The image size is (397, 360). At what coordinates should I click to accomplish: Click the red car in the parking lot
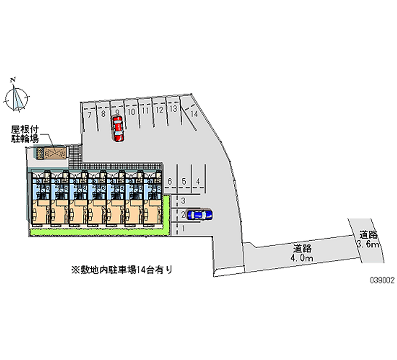click(118, 130)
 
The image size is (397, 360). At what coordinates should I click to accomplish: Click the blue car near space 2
click(199, 214)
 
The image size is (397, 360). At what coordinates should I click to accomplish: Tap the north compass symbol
click(18, 97)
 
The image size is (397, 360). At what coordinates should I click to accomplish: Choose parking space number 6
click(170, 182)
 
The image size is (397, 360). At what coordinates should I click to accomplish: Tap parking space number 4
click(198, 182)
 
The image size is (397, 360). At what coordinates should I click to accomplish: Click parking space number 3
click(183, 201)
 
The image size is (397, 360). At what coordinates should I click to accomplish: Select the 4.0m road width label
click(302, 253)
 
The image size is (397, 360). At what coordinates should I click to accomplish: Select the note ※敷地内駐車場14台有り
click(122, 270)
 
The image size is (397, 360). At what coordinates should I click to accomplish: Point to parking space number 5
click(184, 182)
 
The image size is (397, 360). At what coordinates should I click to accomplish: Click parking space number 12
click(159, 111)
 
